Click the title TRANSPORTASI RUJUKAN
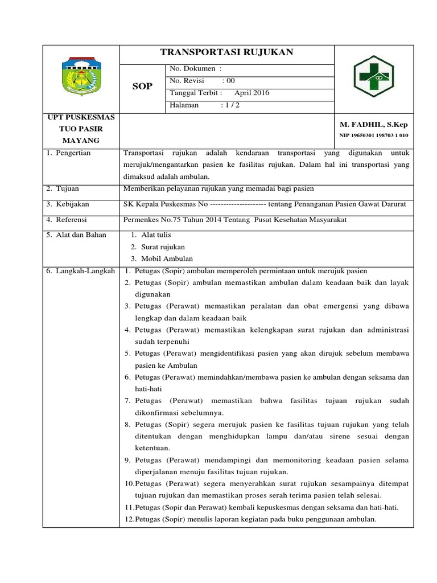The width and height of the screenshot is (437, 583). [226, 52]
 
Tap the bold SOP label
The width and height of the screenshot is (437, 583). [142, 86]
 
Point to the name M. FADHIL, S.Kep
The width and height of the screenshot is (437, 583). [373, 124]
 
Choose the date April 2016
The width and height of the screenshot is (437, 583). [252, 93]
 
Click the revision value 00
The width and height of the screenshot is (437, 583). [230, 81]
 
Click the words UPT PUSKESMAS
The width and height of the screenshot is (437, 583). [81, 117]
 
